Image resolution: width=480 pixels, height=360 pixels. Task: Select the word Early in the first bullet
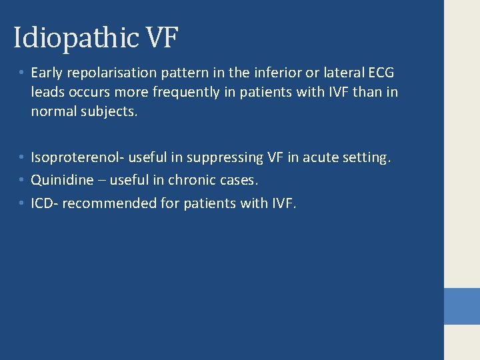pyautogui.click(x=47, y=72)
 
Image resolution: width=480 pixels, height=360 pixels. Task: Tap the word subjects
pyautogui.click(x=109, y=112)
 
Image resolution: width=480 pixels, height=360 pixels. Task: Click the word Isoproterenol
pyautogui.click(x=77, y=158)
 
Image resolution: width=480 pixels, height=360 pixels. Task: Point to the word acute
pyautogui.click(x=321, y=158)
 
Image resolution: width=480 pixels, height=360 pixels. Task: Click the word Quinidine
pyautogui.click(x=62, y=180)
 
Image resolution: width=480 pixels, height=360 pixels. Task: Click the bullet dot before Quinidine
pyautogui.click(x=22, y=180)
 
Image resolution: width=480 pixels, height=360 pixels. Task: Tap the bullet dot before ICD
pyautogui.click(x=22, y=202)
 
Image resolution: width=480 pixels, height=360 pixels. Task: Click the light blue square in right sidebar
pyautogui.click(x=462, y=305)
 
